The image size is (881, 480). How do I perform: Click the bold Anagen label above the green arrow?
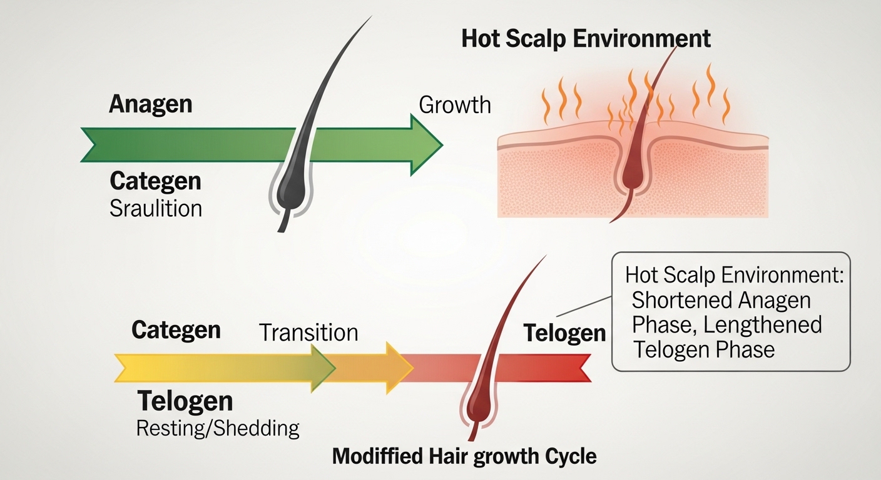pyautogui.click(x=150, y=104)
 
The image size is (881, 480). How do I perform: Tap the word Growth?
pyautogui.click(x=454, y=104)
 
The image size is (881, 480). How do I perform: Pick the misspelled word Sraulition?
pyautogui.click(x=156, y=207)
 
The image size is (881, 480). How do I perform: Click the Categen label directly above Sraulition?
pyautogui.click(x=155, y=181)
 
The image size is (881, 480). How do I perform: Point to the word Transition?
pyautogui.click(x=308, y=332)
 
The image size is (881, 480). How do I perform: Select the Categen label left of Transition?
pyautogui.click(x=176, y=329)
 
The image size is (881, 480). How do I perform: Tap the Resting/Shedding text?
pyautogui.click(x=218, y=428)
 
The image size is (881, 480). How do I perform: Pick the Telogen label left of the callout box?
pyautogui.click(x=564, y=333)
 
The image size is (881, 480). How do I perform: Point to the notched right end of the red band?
pyautogui.click(x=584, y=367)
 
